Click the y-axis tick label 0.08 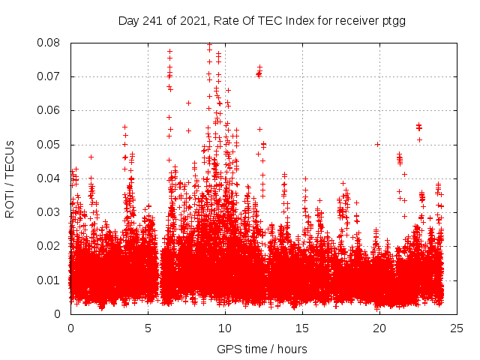[x=49, y=43]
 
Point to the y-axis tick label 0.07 [x=49, y=76]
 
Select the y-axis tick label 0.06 [x=49, y=110]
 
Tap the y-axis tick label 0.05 [x=49, y=144]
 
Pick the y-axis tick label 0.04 [x=49, y=178]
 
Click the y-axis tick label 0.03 [x=49, y=212]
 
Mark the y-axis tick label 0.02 [x=49, y=246]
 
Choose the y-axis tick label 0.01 [x=49, y=280]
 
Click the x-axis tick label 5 [x=148, y=328]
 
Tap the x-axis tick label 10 [x=225, y=328]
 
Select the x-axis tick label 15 [x=302, y=328]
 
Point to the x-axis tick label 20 [x=379, y=328]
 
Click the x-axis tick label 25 [x=457, y=328]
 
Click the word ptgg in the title [x=394, y=20]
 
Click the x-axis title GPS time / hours [x=262, y=349]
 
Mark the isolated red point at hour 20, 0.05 [x=377, y=144]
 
